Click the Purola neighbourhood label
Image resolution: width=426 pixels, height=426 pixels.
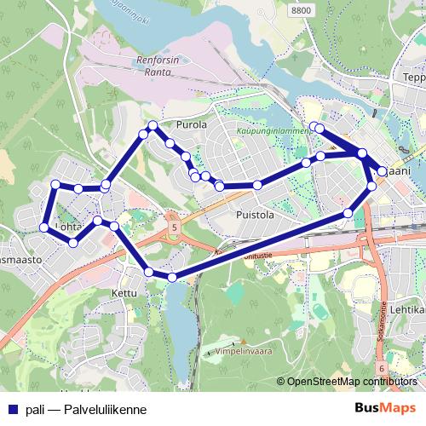tap(191, 124)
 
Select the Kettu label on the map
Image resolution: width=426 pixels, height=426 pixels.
tap(124, 292)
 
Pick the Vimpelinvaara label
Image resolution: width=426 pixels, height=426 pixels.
tap(241, 350)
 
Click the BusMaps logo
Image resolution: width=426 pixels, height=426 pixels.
tap(386, 408)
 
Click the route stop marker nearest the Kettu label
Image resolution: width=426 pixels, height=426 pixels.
tap(150, 272)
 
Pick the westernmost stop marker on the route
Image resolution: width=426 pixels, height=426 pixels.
tap(43, 227)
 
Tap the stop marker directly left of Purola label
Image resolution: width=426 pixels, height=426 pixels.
tap(153, 126)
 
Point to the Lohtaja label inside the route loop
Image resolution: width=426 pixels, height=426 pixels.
tap(68, 227)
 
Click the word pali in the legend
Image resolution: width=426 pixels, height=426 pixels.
tap(35, 409)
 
